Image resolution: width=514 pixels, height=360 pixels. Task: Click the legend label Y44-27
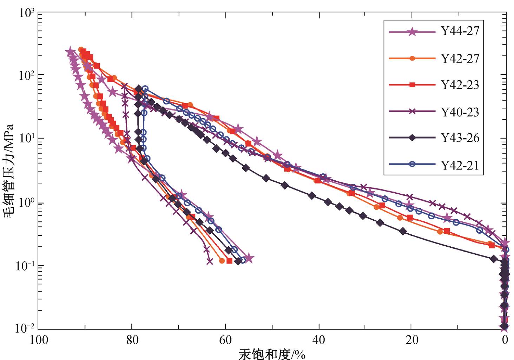pos(460,31)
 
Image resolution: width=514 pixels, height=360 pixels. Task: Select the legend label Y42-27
pos(460,59)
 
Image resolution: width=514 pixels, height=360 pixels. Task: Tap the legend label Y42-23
pos(460,85)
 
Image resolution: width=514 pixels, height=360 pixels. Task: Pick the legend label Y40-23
pos(460,112)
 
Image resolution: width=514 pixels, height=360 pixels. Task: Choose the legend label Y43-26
pos(460,138)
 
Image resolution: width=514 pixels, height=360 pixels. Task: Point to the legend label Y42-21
pos(460,165)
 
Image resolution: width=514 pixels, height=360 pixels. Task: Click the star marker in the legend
pos(412,32)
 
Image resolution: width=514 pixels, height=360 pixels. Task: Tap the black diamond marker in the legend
pos(412,138)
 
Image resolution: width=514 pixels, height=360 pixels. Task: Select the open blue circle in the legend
pos(412,164)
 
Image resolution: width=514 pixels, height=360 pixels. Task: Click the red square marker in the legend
pos(412,85)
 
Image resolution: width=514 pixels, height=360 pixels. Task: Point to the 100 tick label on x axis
pos(39,340)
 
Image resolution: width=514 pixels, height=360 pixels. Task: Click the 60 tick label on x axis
pos(225,340)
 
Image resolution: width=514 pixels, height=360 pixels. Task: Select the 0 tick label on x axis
pos(505,340)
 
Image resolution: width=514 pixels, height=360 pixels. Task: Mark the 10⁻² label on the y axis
pos(25,328)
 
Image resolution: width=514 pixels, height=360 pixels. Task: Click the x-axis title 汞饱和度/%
pos(272,354)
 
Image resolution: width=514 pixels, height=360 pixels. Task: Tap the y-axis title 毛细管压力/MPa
pos(9,171)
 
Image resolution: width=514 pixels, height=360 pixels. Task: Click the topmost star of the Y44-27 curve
pos(70,52)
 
